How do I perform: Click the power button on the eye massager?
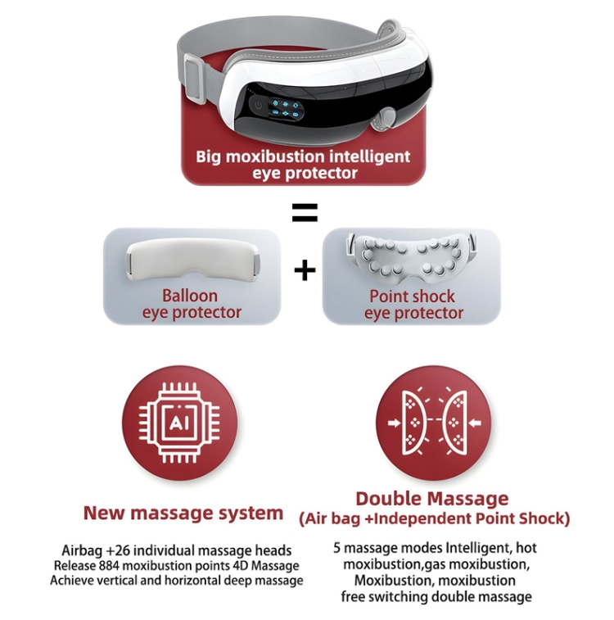[x=259, y=106]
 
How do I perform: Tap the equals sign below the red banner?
[x=305, y=212]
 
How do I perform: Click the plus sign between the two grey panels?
[x=305, y=271]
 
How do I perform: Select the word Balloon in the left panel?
[x=190, y=296]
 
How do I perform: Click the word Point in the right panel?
[x=386, y=296]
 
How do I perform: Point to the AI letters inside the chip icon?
[x=180, y=423]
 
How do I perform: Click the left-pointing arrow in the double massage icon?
[x=476, y=423]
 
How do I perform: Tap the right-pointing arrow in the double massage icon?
[x=394, y=423]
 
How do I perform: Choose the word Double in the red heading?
[x=385, y=499]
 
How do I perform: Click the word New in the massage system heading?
[x=103, y=513]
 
